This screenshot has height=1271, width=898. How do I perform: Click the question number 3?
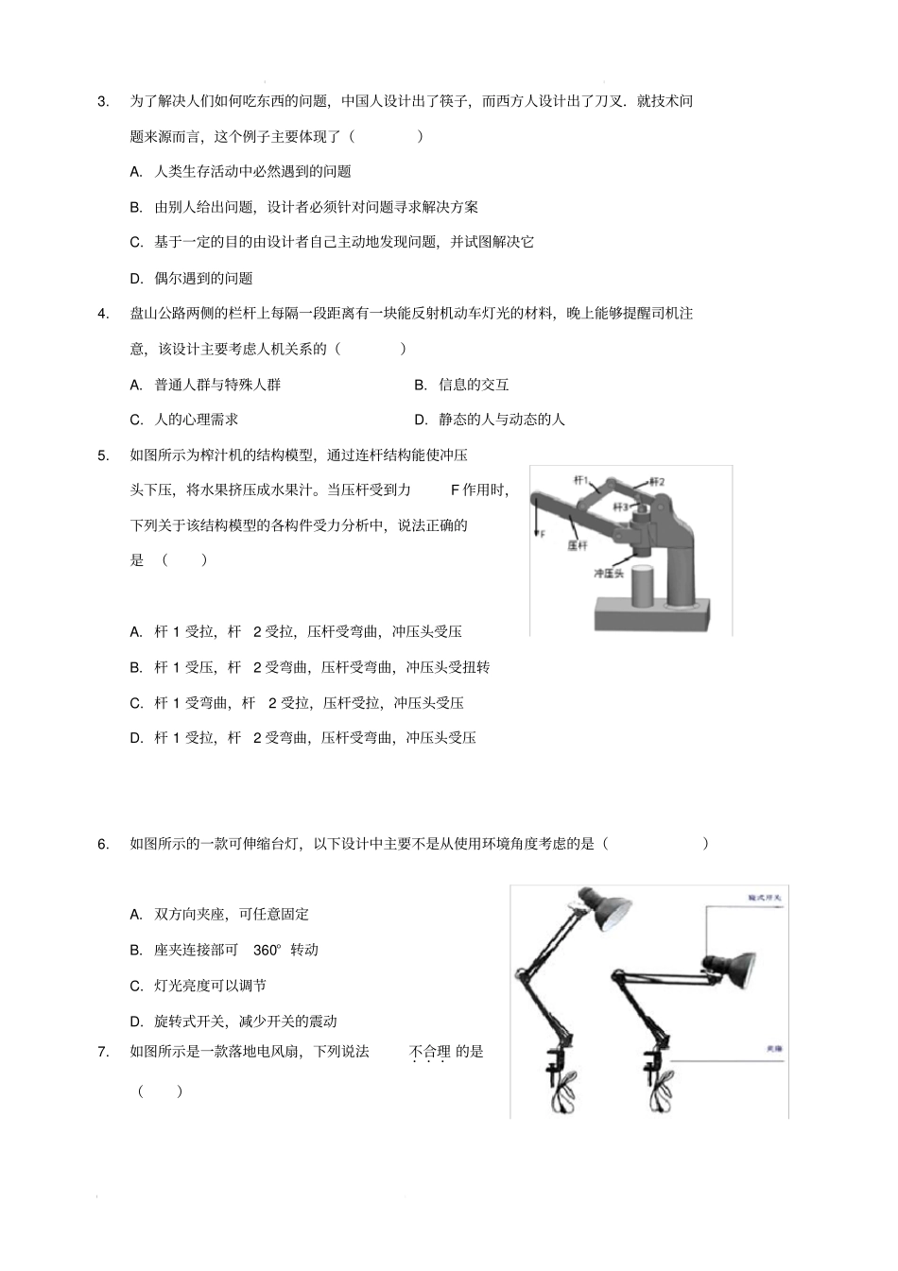click(x=103, y=102)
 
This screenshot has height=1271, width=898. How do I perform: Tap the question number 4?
click(x=103, y=314)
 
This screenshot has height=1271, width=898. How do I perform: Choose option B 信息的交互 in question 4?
click(x=463, y=385)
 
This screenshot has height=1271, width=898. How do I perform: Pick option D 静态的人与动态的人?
click(x=491, y=420)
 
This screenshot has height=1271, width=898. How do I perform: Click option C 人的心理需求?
click(x=185, y=420)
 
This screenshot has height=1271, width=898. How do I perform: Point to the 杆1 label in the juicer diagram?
click(x=581, y=481)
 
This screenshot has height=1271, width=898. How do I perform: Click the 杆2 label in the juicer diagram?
click(x=656, y=482)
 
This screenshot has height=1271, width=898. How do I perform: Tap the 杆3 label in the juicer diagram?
click(x=620, y=507)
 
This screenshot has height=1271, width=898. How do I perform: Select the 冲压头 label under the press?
click(x=609, y=574)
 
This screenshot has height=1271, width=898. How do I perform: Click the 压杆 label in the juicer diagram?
click(x=577, y=545)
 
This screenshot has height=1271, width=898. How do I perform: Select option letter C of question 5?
click(x=136, y=703)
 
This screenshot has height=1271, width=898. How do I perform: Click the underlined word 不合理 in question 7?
click(x=429, y=1051)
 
